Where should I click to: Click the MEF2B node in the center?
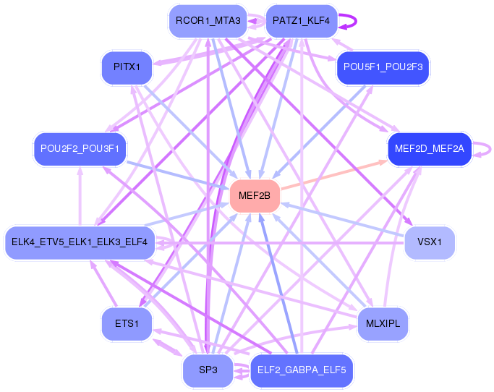(255, 195)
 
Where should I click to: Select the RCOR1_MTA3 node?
(208, 21)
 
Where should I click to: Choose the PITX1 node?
(126, 67)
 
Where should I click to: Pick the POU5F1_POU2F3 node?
(383, 67)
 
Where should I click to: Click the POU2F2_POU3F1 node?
(80, 149)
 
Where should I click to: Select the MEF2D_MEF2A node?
(430, 149)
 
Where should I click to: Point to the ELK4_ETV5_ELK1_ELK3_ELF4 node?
(79, 242)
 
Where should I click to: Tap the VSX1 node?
(430, 242)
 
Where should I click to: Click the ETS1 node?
(126, 323)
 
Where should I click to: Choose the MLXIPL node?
(383, 323)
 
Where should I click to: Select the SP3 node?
(208, 370)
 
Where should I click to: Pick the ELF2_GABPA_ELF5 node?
(301, 370)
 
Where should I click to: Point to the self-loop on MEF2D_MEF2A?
(486, 149)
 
